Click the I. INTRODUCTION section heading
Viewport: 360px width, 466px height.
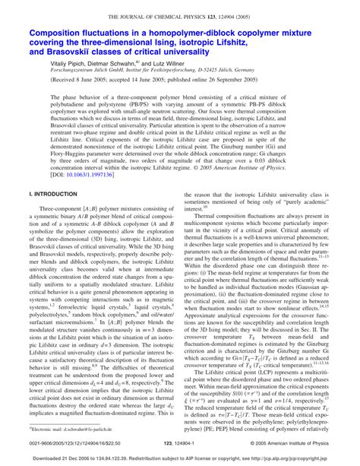pos(50,217)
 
